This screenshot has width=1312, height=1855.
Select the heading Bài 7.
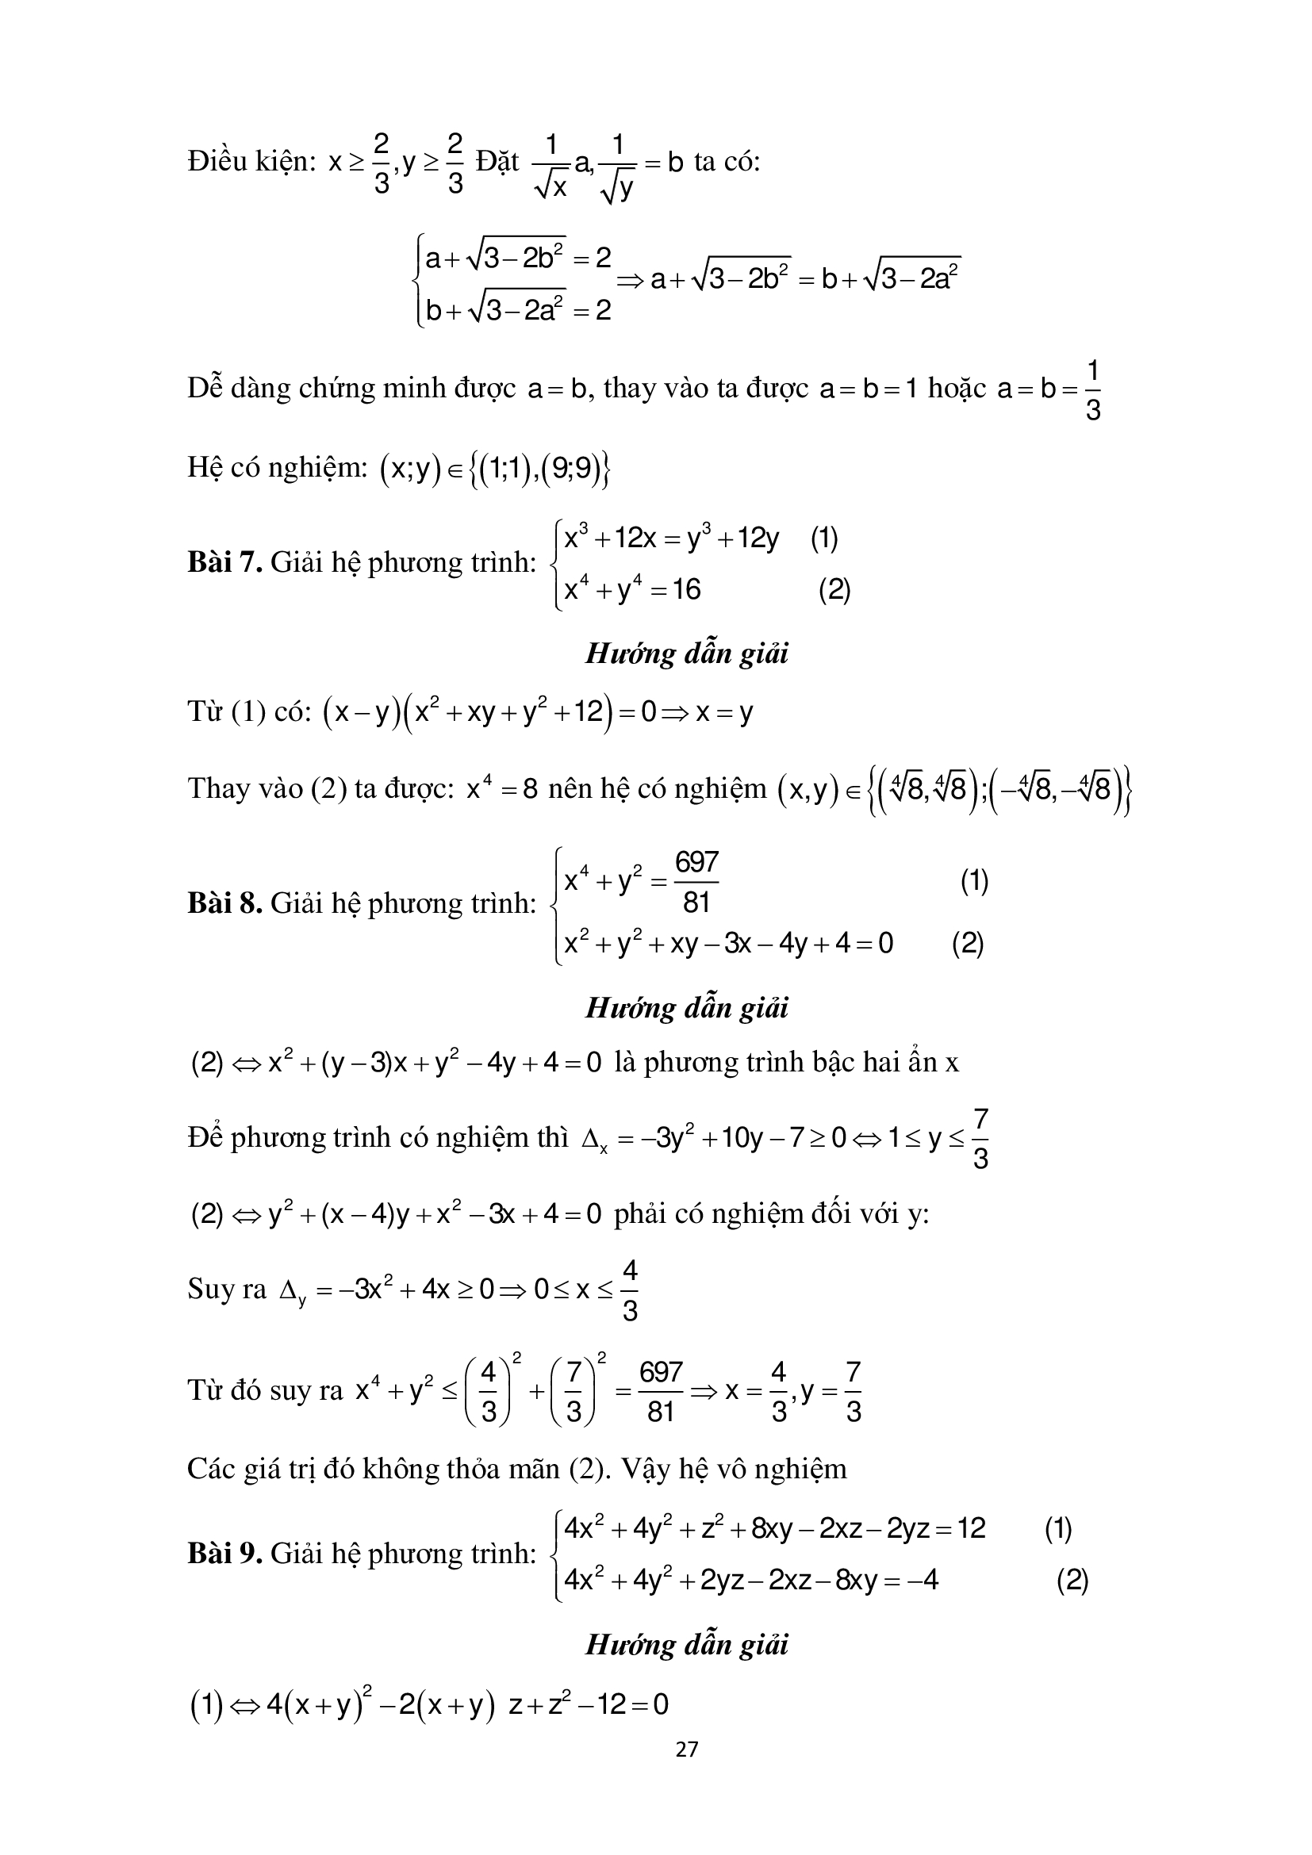224,561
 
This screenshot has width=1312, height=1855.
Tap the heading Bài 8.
224,903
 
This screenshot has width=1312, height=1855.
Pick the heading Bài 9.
224,1553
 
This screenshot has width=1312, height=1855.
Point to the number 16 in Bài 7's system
686,590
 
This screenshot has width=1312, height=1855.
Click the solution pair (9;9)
571,469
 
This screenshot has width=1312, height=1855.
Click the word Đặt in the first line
497,163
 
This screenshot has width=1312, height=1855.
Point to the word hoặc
957,389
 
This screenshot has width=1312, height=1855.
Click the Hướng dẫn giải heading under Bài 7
686,653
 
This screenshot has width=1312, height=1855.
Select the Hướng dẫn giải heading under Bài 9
686,1644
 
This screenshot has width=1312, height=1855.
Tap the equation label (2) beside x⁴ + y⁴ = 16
834,591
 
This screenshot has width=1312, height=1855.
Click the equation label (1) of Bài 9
1057,1527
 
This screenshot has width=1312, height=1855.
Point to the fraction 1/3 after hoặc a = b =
1092,391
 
